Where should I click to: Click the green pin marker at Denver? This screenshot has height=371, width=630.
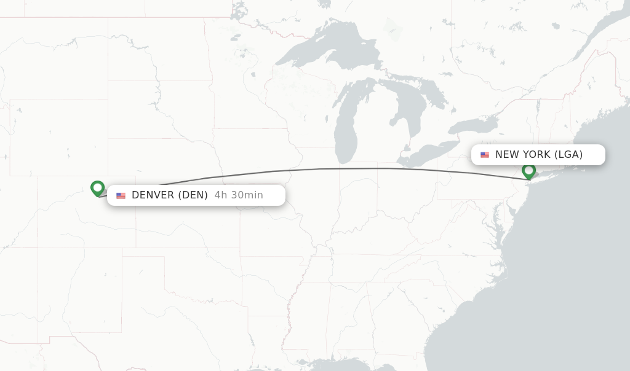[x=97, y=187]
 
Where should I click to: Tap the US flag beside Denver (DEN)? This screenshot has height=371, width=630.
[x=121, y=195]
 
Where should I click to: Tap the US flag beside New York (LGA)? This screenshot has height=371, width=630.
[x=485, y=155]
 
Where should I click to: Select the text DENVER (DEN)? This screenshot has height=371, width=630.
[x=169, y=195]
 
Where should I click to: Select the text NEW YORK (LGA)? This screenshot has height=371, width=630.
[x=538, y=155]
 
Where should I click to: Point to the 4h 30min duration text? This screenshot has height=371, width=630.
[x=239, y=195]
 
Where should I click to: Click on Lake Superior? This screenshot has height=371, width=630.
[x=320, y=46]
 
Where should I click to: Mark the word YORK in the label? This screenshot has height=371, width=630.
[x=537, y=155]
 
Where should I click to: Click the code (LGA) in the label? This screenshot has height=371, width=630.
[x=568, y=155]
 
